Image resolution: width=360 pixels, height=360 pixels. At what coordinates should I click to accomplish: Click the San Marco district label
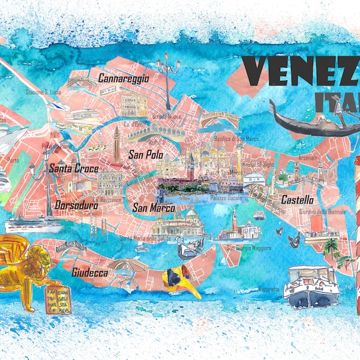pos(154,208)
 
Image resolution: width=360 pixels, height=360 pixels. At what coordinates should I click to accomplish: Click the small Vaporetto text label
pos(269,289)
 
